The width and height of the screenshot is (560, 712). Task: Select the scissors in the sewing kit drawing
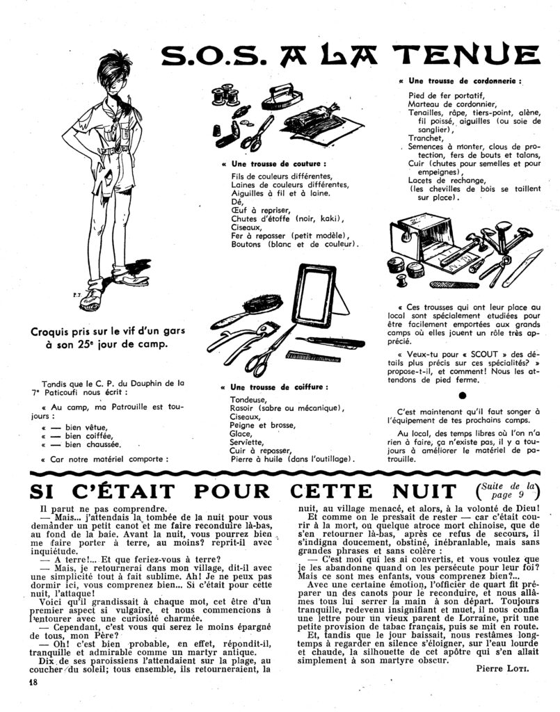256,133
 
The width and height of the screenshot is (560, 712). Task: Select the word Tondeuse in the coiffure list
248,400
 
